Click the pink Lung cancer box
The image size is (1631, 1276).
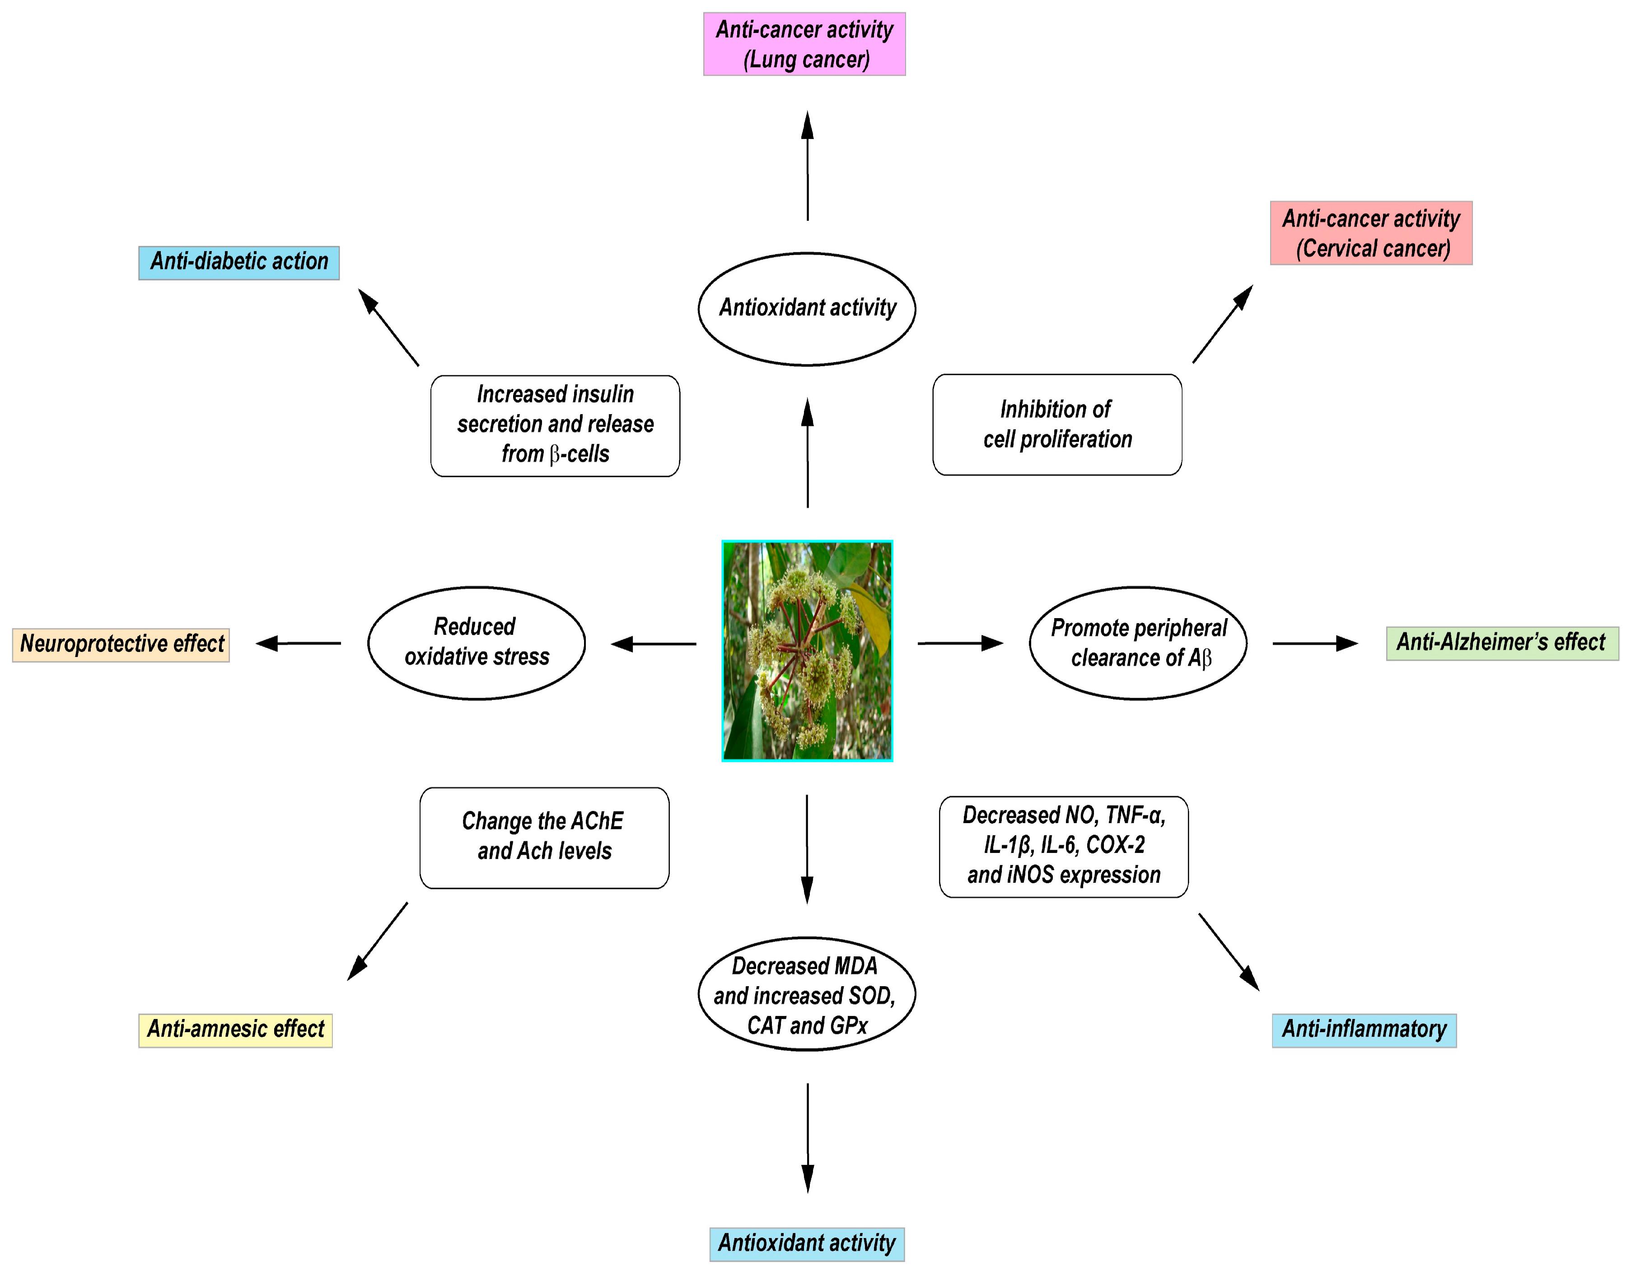[804, 44]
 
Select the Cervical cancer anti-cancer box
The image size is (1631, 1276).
[1370, 233]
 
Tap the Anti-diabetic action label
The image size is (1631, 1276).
[239, 262]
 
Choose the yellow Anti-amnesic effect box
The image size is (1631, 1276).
[235, 1030]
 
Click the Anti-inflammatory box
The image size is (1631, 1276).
[1364, 1030]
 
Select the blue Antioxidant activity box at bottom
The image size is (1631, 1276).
[806, 1244]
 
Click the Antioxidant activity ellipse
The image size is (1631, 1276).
[806, 308]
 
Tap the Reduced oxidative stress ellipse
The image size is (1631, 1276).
[476, 643]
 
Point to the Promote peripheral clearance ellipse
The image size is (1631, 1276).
[1137, 643]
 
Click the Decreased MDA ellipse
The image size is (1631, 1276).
[806, 994]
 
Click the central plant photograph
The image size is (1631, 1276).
[807, 650]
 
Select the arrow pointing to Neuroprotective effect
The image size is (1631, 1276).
[299, 643]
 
